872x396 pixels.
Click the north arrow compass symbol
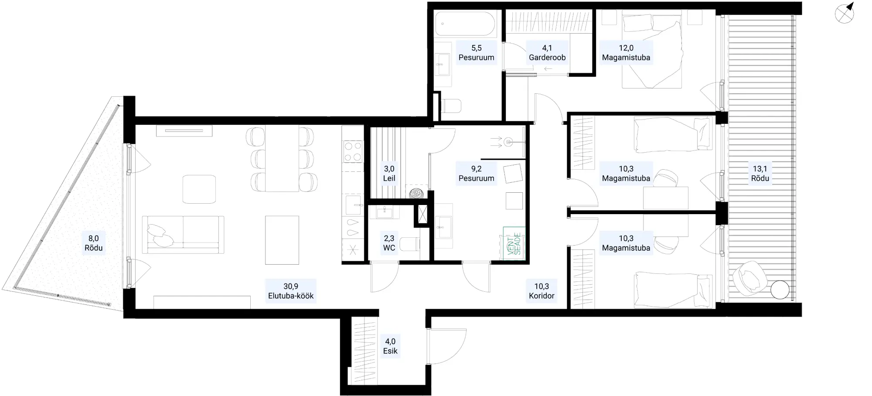pos(845,14)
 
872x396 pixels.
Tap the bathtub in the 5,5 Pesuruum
pos(466,24)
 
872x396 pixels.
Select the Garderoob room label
pos(547,57)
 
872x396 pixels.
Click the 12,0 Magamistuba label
pos(626,52)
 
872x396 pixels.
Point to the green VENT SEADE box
pos(514,244)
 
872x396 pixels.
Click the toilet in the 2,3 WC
pos(410,244)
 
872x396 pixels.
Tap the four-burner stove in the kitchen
pos(353,151)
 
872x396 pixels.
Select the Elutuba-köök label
pos(291,296)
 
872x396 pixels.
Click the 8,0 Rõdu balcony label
pos(94,243)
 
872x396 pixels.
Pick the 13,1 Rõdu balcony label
pos(760,173)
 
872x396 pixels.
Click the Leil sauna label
pos(389,178)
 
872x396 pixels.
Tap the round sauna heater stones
pos(416,193)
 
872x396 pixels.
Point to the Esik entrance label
pos(390,351)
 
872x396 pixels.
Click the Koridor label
pos(542,296)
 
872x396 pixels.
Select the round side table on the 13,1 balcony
pos(780,290)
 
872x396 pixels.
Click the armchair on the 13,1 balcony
pos(749,276)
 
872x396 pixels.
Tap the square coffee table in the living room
pos(199,189)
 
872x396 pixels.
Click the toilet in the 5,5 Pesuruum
pos(451,106)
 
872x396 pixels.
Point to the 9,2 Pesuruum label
pos(476,173)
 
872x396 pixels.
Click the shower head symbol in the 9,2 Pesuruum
pos(508,141)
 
